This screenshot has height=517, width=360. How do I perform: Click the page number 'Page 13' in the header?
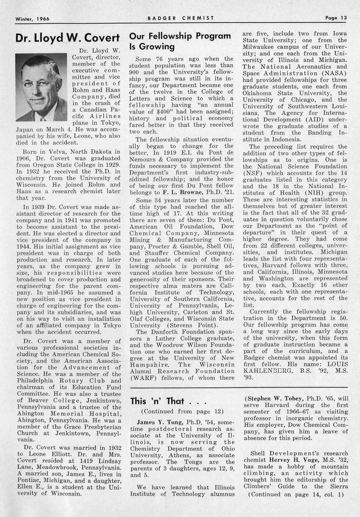[336, 18]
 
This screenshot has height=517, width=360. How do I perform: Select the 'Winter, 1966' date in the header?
[33, 19]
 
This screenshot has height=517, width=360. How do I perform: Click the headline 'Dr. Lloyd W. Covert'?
[67, 39]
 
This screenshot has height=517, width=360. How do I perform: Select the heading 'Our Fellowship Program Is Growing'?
[180, 41]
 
